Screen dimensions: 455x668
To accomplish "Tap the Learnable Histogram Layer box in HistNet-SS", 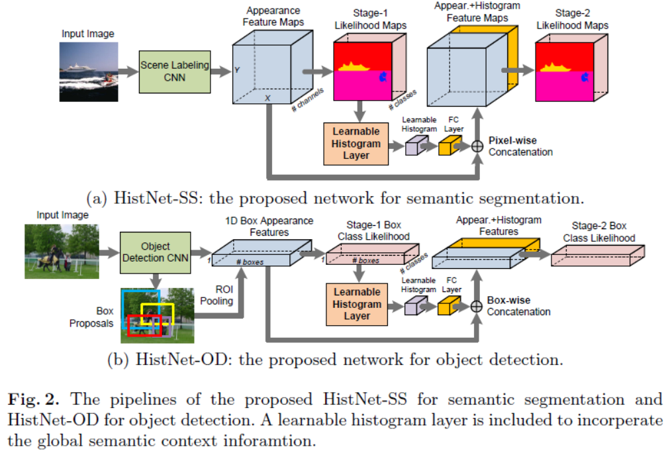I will click(x=357, y=144).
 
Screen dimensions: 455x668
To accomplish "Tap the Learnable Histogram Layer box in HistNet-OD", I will click(x=357, y=303).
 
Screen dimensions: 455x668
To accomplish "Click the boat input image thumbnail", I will click(x=89, y=72).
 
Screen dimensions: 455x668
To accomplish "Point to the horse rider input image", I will click(x=61, y=250).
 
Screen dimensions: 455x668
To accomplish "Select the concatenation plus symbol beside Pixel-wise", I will click(x=476, y=146).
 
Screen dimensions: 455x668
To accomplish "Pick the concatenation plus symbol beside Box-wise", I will click(x=475, y=306).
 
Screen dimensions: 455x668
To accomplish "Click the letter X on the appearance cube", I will click(x=268, y=97).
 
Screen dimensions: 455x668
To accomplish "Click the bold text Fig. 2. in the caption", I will click(x=31, y=399).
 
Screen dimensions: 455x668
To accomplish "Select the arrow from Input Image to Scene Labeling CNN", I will click(x=128, y=72).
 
